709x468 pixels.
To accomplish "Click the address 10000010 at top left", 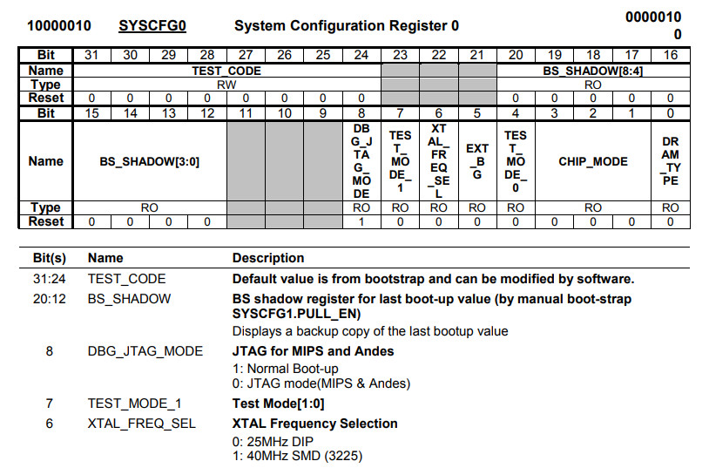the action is (59, 26).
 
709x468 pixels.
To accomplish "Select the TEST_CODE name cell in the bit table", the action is (226, 71).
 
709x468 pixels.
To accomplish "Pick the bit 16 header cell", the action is (670, 56).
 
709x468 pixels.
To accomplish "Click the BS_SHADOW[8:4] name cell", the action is (592, 71).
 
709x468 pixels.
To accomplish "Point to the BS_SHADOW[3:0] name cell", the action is (150, 161).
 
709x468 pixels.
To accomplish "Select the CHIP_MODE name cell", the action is (592, 161).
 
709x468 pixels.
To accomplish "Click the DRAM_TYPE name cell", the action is (670, 161).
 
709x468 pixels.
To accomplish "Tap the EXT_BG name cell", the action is (476, 161).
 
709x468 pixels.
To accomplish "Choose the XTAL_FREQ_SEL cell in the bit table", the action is (438, 161).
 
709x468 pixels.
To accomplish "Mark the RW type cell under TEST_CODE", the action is (226, 85).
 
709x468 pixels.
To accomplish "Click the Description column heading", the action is (268, 258).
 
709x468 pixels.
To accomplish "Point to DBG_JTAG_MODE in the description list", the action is (145, 351).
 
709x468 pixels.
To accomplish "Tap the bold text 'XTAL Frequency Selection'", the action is (314, 424).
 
